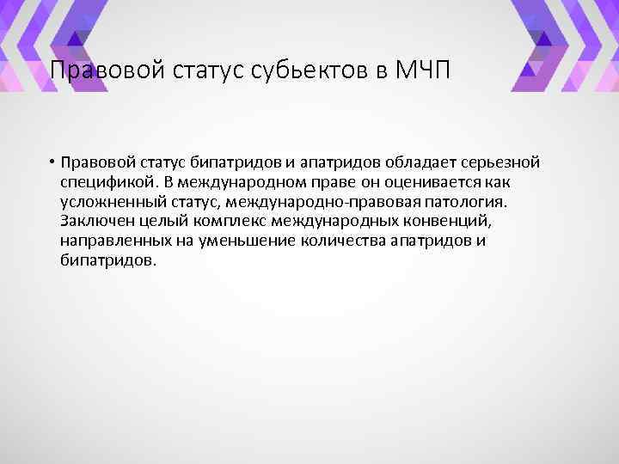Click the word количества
(x=342, y=241)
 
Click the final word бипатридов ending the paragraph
(x=108, y=259)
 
